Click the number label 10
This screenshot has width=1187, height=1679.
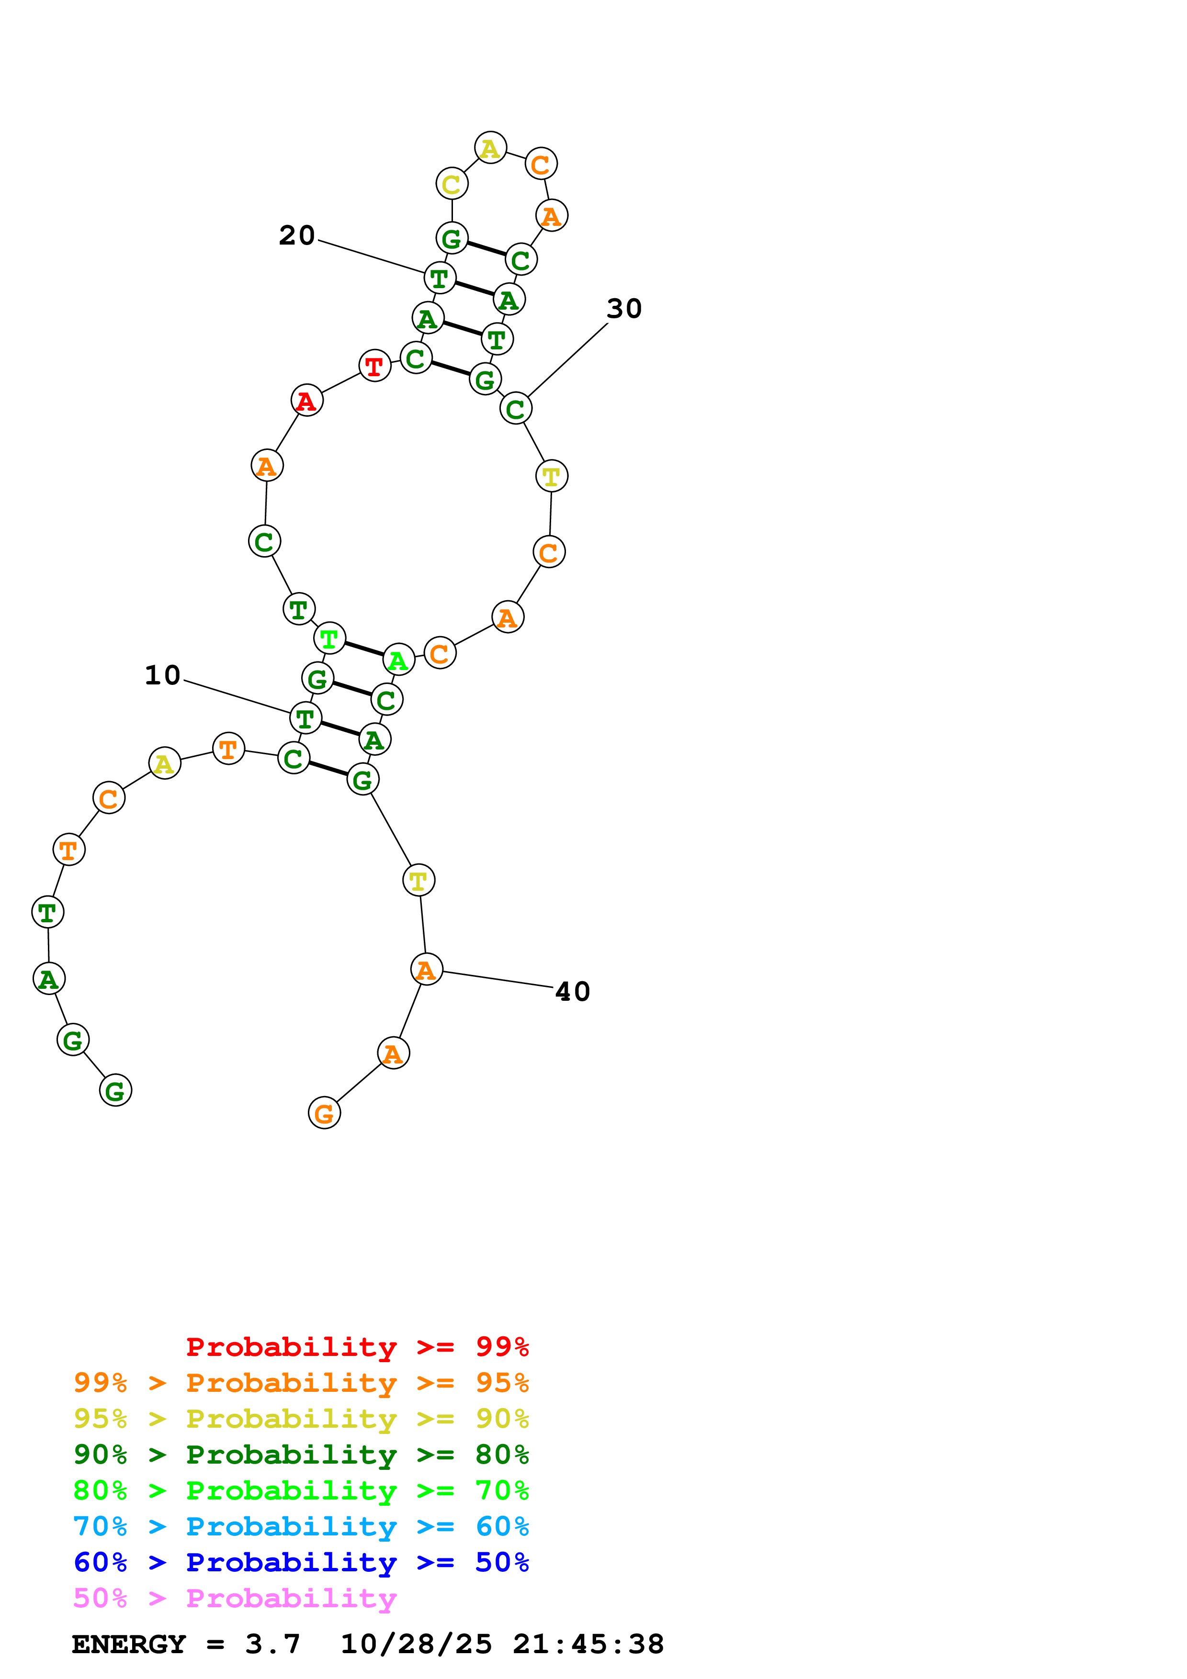[x=162, y=675]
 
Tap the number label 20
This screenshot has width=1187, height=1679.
[x=297, y=235]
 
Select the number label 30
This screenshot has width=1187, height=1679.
[x=624, y=309]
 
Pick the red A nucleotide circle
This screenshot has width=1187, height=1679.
[x=306, y=401]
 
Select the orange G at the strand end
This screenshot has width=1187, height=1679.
[x=324, y=1113]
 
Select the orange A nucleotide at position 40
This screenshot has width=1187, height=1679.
[x=426, y=970]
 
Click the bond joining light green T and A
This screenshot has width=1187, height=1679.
[x=363, y=649]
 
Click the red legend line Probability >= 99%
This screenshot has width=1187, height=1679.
[x=357, y=1347]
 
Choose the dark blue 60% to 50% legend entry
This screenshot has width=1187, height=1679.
[x=301, y=1562]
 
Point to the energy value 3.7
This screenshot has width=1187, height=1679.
[x=272, y=1644]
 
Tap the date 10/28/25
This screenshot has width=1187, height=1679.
[x=416, y=1644]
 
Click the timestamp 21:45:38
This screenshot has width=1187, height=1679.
[x=588, y=1644]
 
